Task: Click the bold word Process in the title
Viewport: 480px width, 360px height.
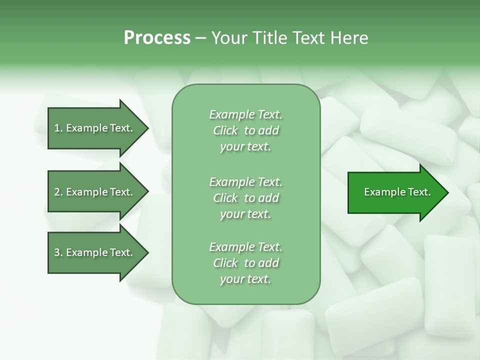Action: coord(157,38)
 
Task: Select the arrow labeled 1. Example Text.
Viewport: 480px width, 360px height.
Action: coord(95,128)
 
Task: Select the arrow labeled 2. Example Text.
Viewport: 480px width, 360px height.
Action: coord(95,192)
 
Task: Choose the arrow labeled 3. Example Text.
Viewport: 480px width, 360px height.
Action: coord(95,252)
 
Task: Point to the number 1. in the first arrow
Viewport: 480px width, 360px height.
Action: coord(58,128)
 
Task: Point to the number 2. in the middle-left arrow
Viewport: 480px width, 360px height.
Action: coord(58,192)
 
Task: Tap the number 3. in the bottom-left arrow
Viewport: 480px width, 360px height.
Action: coord(58,252)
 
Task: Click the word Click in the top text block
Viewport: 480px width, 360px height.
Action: coord(225,130)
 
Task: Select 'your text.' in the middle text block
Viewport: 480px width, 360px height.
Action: coord(245,214)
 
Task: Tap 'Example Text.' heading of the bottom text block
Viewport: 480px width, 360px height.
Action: coord(245,247)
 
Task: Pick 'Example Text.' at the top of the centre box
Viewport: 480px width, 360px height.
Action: coord(245,114)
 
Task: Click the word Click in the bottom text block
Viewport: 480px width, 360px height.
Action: coord(225,263)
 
